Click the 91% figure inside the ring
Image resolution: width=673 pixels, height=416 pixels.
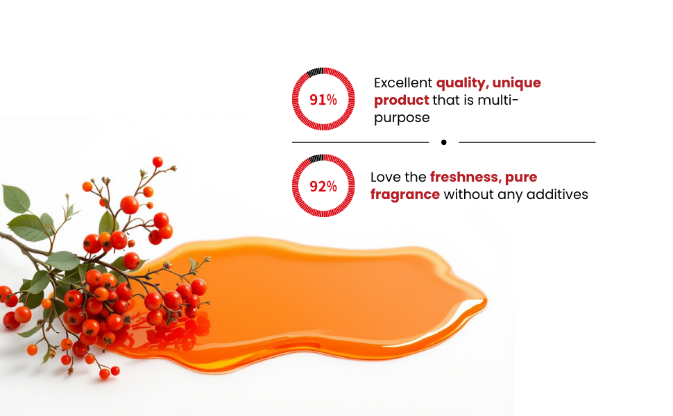pyautogui.click(x=323, y=100)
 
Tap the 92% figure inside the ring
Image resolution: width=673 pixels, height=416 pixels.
pyautogui.click(x=323, y=187)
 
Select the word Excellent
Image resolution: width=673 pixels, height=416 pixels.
pyautogui.click(x=403, y=83)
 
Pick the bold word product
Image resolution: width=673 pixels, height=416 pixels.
pyautogui.click(x=401, y=101)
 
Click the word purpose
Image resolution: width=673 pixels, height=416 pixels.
pyautogui.click(x=402, y=118)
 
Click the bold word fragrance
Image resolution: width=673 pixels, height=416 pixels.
pyautogui.click(x=405, y=194)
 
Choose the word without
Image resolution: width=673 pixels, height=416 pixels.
pyautogui.click(x=469, y=194)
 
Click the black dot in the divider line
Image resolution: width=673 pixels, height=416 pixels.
pyautogui.click(x=444, y=142)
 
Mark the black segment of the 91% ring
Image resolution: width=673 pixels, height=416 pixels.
pyautogui.click(x=315, y=72)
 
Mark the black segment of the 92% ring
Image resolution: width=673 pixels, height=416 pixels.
pyautogui.click(x=316, y=159)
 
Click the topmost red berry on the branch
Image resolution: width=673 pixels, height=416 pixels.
pyautogui.click(x=157, y=162)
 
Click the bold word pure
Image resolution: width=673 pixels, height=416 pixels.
pyautogui.click(x=521, y=177)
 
